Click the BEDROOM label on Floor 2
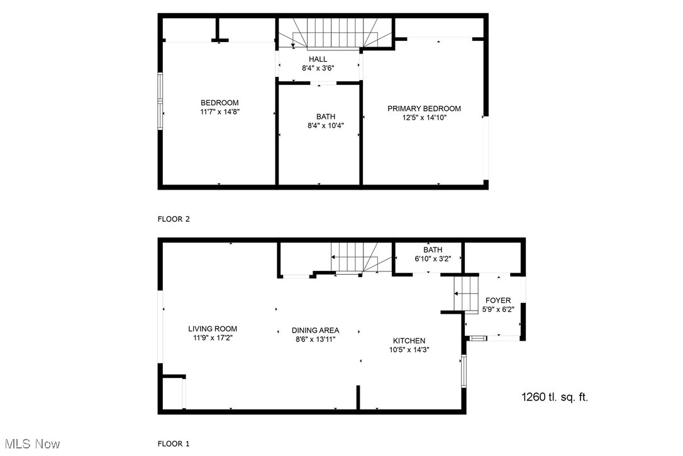point(219,103)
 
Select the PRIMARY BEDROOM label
point(424,108)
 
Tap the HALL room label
point(318,59)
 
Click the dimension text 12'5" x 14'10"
point(424,117)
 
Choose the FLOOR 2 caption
point(174,219)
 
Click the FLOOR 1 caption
point(174,444)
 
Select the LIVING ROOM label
point(213,329)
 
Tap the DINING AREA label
point(315,330)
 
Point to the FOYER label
point(498,300)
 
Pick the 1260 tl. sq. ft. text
point(555,397)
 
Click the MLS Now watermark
point(31,444)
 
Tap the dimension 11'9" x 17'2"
point(213,338)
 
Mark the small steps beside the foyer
point(466,293)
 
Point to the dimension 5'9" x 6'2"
point(498,309)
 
